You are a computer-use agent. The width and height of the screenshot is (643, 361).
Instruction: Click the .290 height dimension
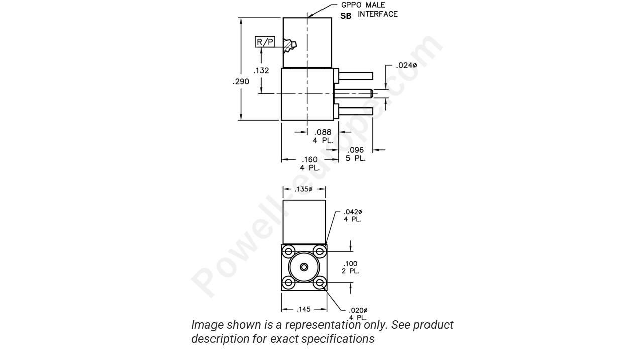241,81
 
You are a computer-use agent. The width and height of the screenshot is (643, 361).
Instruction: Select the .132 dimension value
261,71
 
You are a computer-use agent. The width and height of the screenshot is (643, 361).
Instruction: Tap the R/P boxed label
265,42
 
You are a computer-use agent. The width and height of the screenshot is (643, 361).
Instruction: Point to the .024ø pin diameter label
406,65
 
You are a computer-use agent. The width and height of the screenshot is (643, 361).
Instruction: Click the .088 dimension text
323,132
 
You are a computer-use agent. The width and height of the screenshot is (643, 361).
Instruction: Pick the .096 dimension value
355,150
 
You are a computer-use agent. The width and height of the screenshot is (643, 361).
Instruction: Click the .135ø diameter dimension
303,189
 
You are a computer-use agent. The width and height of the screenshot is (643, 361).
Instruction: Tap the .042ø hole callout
353,212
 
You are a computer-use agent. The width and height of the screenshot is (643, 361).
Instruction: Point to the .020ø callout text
358,310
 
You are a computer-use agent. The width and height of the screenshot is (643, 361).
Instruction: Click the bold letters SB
346,16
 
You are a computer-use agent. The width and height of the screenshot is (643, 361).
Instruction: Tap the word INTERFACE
378,14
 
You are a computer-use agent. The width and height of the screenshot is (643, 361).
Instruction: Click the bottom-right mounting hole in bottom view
319,283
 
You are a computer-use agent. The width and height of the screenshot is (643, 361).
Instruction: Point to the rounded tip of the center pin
371,93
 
